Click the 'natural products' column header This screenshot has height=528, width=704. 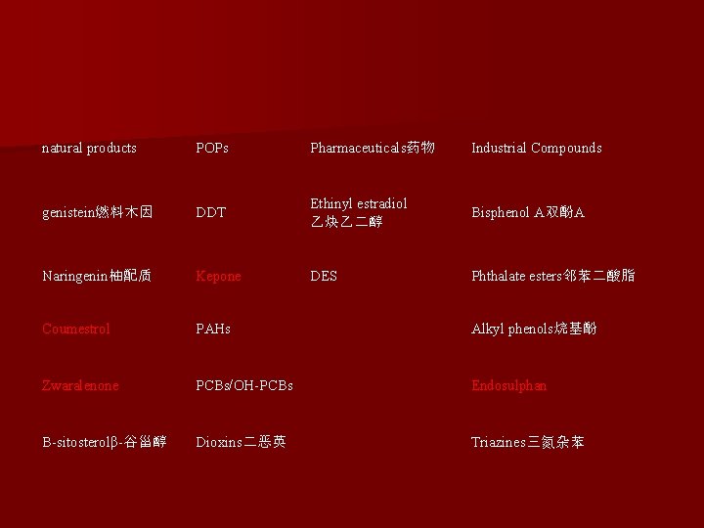click(89, 149)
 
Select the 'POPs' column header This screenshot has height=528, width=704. click(212, 149)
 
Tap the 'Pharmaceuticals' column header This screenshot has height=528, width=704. click(373, 149)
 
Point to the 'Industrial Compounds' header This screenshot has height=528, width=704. click(536, 149)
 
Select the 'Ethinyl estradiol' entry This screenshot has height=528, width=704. click(358, 212)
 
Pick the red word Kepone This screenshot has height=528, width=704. click(218, 277)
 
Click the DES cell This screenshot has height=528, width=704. click(324, 277)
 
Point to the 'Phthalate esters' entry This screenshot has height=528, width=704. click(552, 277)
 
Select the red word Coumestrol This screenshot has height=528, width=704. click(76, 330)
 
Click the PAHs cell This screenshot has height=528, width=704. click(213, 330)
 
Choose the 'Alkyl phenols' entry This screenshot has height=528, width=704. click(534, 330)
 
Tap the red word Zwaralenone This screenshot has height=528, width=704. click(80, 386)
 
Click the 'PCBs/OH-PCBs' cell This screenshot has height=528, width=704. click(244, 386)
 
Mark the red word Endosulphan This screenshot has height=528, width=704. click(508, 386)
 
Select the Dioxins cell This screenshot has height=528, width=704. click(241, 443)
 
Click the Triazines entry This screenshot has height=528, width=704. click(528, 443)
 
